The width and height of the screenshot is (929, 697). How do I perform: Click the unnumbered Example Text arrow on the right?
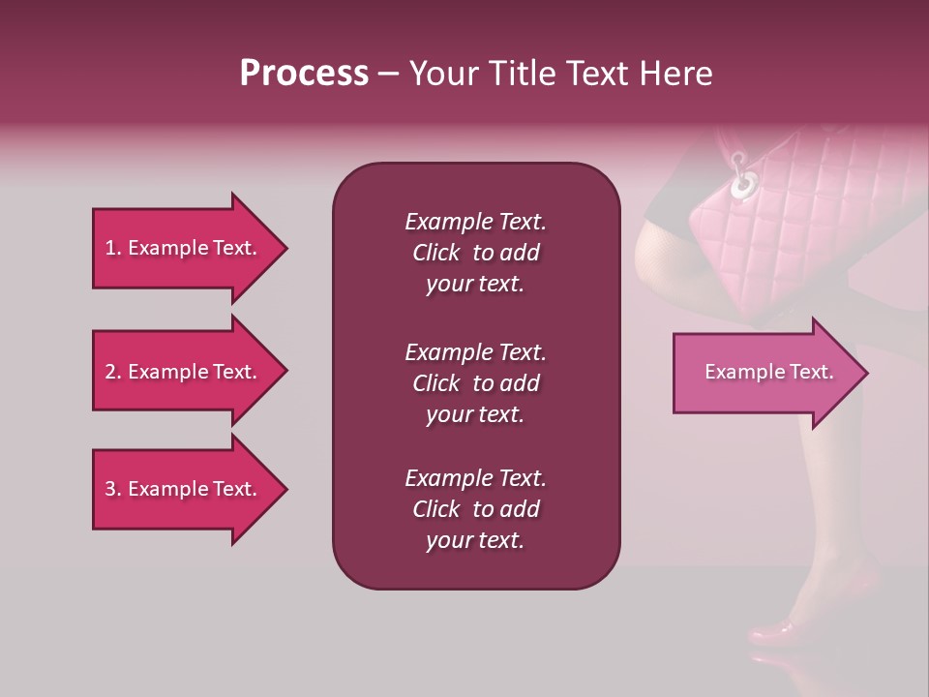[768, 372]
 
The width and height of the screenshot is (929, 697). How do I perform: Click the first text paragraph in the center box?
[475, 253]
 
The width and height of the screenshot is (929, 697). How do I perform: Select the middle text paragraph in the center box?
[475, 383]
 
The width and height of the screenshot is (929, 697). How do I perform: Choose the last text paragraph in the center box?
[475, 509]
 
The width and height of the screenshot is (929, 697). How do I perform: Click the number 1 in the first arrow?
[110, 249]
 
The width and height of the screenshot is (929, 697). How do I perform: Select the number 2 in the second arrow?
[110, 373]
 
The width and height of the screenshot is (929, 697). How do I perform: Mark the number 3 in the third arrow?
[110, 490]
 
